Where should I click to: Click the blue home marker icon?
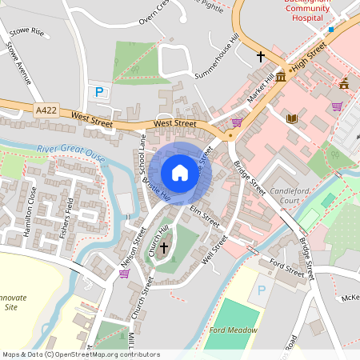180,173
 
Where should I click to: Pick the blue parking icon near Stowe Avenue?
100,92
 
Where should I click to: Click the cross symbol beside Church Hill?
164,248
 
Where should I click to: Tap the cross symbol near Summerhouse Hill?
260,57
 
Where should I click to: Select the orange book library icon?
292,118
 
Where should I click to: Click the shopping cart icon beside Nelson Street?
124,274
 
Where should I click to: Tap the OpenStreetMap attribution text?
80,354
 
